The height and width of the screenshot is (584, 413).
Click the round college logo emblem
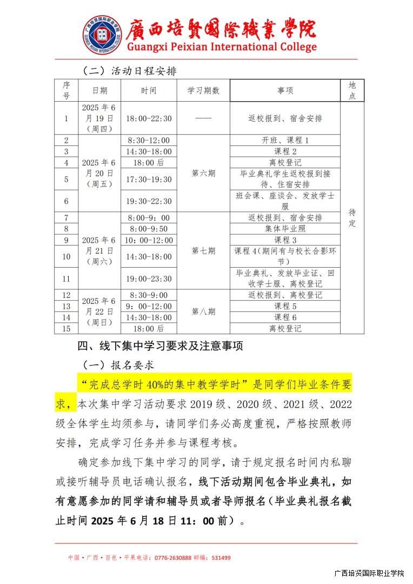102,35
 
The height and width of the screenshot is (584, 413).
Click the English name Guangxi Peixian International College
222,47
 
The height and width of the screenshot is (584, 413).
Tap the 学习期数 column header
203,91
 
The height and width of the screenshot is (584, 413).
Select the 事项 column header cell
285,91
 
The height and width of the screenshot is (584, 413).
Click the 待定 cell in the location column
352,217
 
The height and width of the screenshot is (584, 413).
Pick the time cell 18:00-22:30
149,118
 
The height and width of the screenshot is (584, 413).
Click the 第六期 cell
203,174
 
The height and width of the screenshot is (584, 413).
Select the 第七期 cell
203,251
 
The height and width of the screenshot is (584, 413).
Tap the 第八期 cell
203,311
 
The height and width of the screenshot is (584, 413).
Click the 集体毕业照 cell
285,229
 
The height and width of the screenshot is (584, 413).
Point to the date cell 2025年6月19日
99,118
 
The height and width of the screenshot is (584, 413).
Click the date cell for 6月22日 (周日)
99,311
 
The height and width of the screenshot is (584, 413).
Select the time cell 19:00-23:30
149,278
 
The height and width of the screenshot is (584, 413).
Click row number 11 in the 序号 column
66,278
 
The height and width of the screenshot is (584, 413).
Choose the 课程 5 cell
285,306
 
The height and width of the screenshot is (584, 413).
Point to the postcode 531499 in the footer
221,558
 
